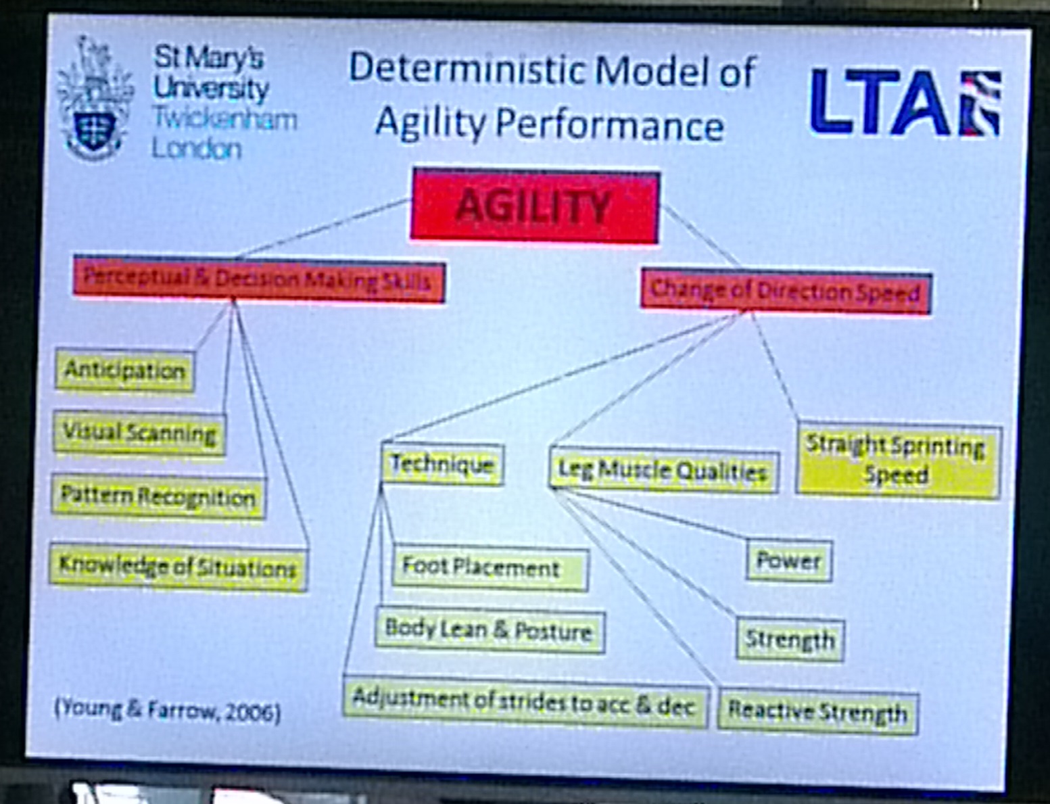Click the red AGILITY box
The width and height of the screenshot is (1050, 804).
pos(534,206)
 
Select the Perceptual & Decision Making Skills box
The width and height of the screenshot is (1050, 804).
pos(259,279)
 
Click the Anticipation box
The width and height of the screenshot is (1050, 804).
pos(124,371)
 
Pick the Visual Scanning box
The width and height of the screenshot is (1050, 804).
pos(139,433)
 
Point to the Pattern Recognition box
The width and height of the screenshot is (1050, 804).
pos(158,497)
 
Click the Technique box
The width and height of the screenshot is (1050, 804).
pos(443,464)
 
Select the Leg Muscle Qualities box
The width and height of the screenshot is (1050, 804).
pos(663,471)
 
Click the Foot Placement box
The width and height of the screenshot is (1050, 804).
pos(490,568)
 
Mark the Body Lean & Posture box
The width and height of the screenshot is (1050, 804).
pos(490,631)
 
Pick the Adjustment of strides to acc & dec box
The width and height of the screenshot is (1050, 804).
pos(526,703)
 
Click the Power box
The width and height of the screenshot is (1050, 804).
pos(789,561)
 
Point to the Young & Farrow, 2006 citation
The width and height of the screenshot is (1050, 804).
pos(167,710)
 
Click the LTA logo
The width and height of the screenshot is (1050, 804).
pos(905,102)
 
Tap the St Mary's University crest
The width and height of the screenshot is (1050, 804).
pos(95,99)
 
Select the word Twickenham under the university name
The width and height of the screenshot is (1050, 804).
pos(224,119)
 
